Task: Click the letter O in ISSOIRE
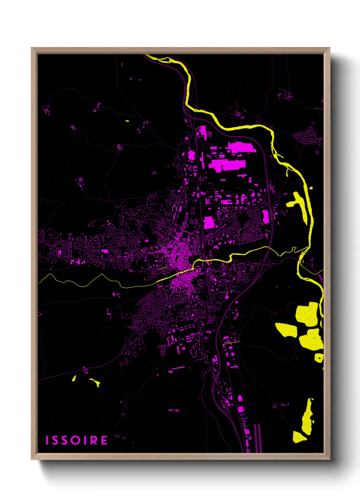[x=77, y=440]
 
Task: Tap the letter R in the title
[x=95, y=440]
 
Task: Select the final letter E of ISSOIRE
[x=104, y=440]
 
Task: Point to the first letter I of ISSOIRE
[x=47, y=440]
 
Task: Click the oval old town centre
[x=179, y=253]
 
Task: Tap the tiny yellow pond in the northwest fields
[x=127, y=121]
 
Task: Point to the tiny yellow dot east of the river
[x=311, y=187]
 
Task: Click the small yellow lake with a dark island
[x=319, y=357]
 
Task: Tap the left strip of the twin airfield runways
[x=256, y=438]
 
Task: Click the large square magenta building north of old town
[x=209, y=222]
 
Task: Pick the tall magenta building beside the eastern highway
[x=265, y=217]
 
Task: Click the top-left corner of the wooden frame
[x=32, y=48]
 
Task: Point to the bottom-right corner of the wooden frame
[x=329, y=459]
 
